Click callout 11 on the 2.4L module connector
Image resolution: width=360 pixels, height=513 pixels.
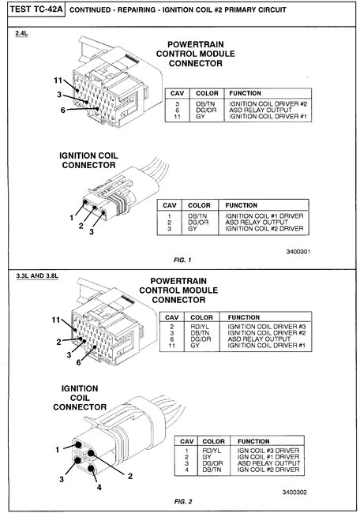(x=58, y=81)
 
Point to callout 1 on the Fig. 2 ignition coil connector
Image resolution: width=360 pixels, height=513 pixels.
(x=58, y=449)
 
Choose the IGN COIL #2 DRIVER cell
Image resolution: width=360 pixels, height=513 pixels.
(x=268, y=470)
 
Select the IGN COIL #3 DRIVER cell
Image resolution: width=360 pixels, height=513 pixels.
(x=268, y=451)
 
